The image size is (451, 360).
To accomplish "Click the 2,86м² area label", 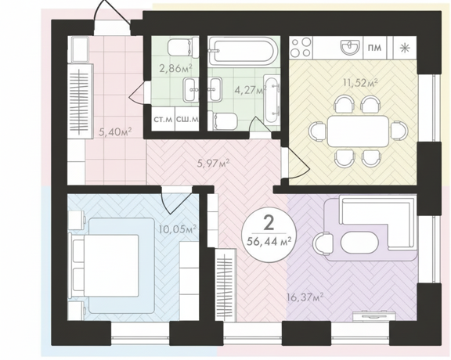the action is tap(175, 68).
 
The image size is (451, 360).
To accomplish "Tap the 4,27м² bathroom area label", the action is tap(249, 90).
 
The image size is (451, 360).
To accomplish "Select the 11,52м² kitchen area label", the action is tap(360, 83).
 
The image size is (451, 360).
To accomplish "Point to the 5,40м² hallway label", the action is tap(115, 132).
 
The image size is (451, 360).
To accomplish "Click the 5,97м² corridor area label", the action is tap(213, 164).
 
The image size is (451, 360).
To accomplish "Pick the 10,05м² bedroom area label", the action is tap(178, 229).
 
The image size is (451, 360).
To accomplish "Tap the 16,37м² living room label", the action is tap(305, 297).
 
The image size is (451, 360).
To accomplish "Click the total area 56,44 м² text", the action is tap(268, 242).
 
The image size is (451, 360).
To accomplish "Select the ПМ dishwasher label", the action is tap(375, 48).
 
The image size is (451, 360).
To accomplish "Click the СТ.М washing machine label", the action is tap(163, 119).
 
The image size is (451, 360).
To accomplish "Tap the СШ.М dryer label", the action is tap(187, 119).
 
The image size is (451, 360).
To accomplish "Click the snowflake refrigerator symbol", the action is tap(404, 48).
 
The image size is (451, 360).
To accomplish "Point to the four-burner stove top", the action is tap(301, 48).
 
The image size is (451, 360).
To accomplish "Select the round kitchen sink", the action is tap(350, 47).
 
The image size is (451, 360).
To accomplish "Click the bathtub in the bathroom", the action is tap(244, 51).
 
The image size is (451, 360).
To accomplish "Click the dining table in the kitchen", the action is tap(358, 131).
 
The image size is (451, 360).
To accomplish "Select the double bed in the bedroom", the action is tap(106, 265).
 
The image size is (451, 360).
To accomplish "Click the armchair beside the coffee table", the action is tap(323, 243).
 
